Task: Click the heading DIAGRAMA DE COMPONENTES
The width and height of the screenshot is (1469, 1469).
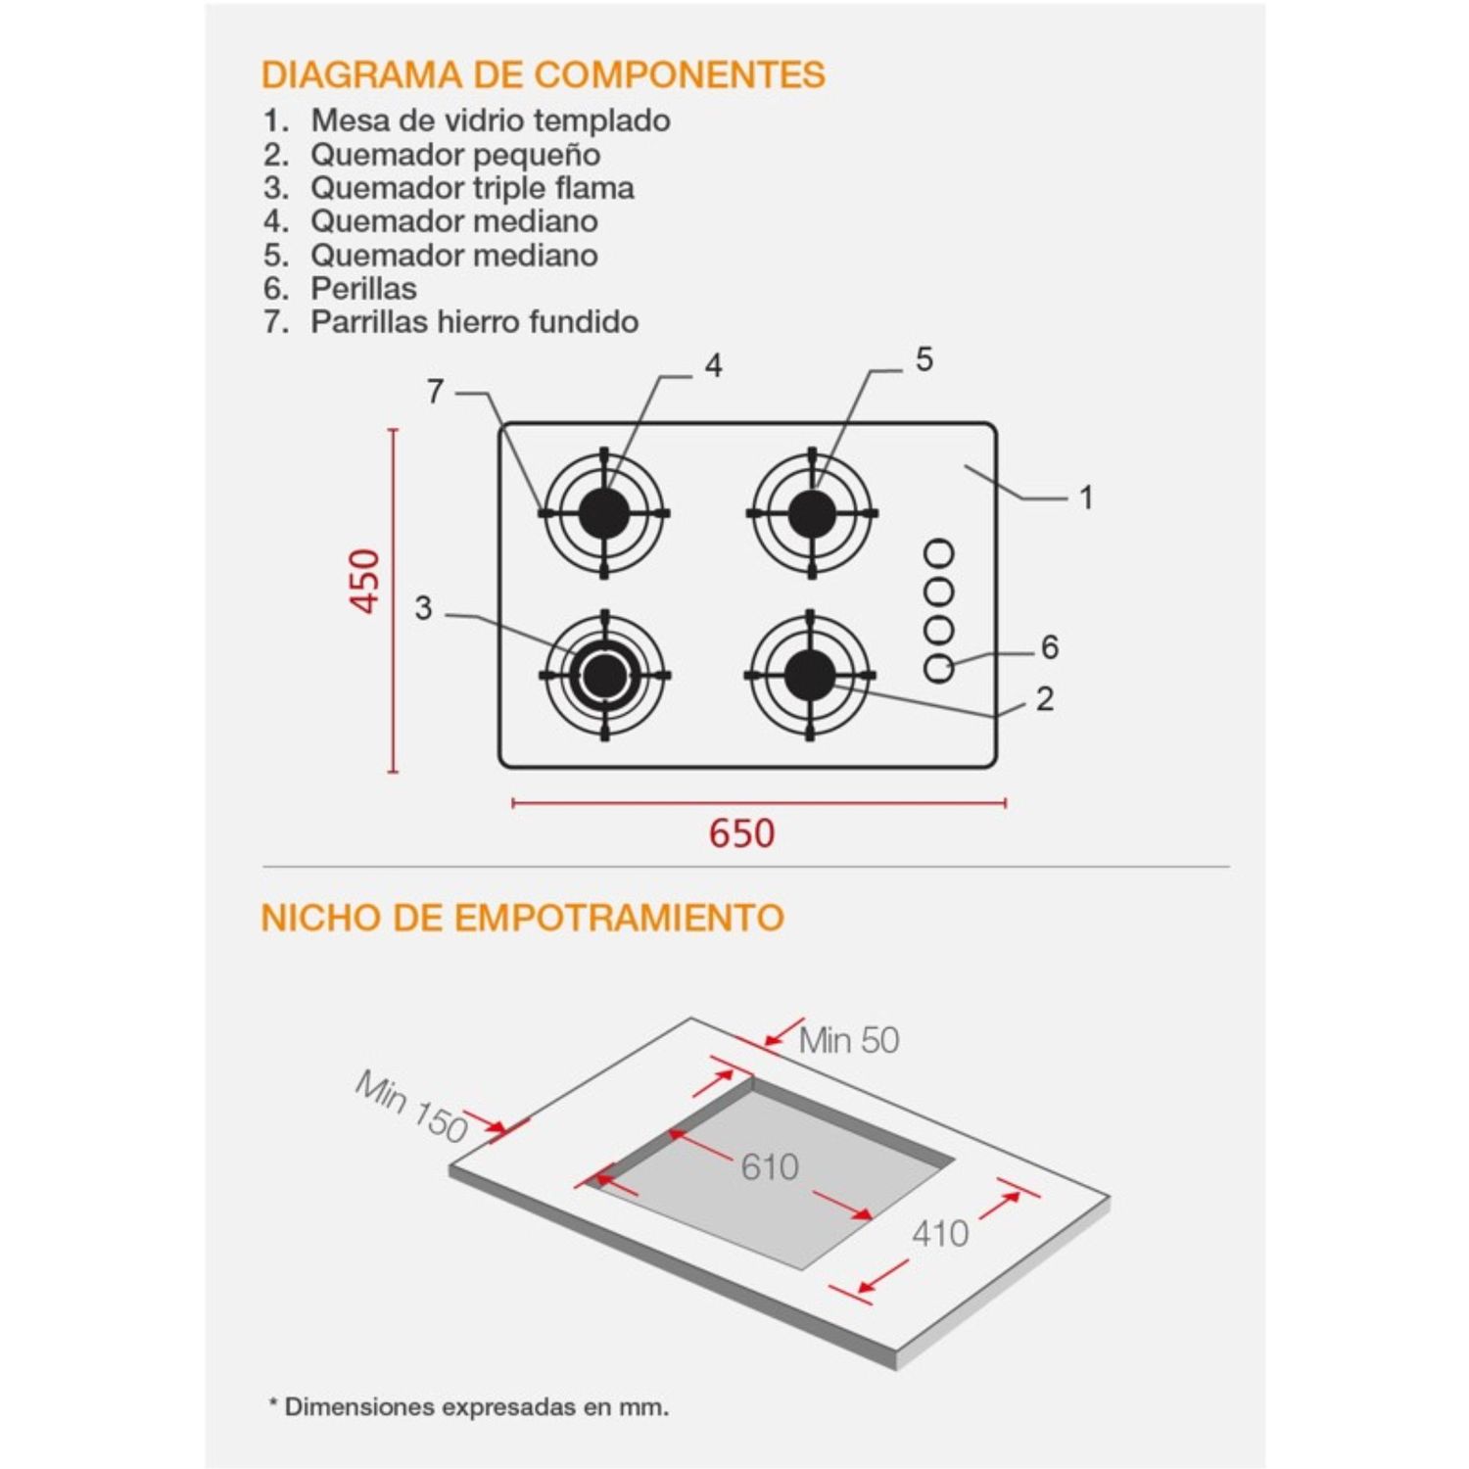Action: [x=544, y=74]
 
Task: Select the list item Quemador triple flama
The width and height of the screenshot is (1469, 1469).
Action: [x=472, y=187]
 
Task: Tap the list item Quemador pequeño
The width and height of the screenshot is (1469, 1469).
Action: [x=455, y=155]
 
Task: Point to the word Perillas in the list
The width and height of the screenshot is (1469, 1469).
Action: [x=363, y=288]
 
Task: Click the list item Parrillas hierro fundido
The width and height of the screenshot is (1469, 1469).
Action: [x=474, y=321]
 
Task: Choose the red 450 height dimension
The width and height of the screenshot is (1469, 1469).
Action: [x=365, y=582]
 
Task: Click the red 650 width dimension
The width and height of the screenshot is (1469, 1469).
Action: [x=742, y=832]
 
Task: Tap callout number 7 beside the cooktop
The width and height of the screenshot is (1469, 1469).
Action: [x=436, y=392]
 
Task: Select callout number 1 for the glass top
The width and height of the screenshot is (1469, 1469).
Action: [x=1086, y=498]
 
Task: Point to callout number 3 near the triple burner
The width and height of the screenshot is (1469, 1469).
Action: [x=423, y=608]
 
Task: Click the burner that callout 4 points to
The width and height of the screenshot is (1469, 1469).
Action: [x=604, y=512]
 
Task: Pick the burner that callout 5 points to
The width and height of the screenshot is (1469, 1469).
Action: [x=812, y=512]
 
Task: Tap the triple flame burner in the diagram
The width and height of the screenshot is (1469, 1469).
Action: [x=604, y=675]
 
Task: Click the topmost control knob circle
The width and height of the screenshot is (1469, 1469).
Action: [x=939, y=554]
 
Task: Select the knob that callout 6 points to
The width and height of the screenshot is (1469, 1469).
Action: [x=939, y=668]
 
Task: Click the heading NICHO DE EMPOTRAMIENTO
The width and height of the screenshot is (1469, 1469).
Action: [x=523, y=918]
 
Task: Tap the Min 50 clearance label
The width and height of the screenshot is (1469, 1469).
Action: [x=849, y=1040]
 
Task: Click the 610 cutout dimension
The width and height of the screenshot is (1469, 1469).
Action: [x=770, y=1166]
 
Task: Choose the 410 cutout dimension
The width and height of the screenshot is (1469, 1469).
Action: [x=940, y=1233]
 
